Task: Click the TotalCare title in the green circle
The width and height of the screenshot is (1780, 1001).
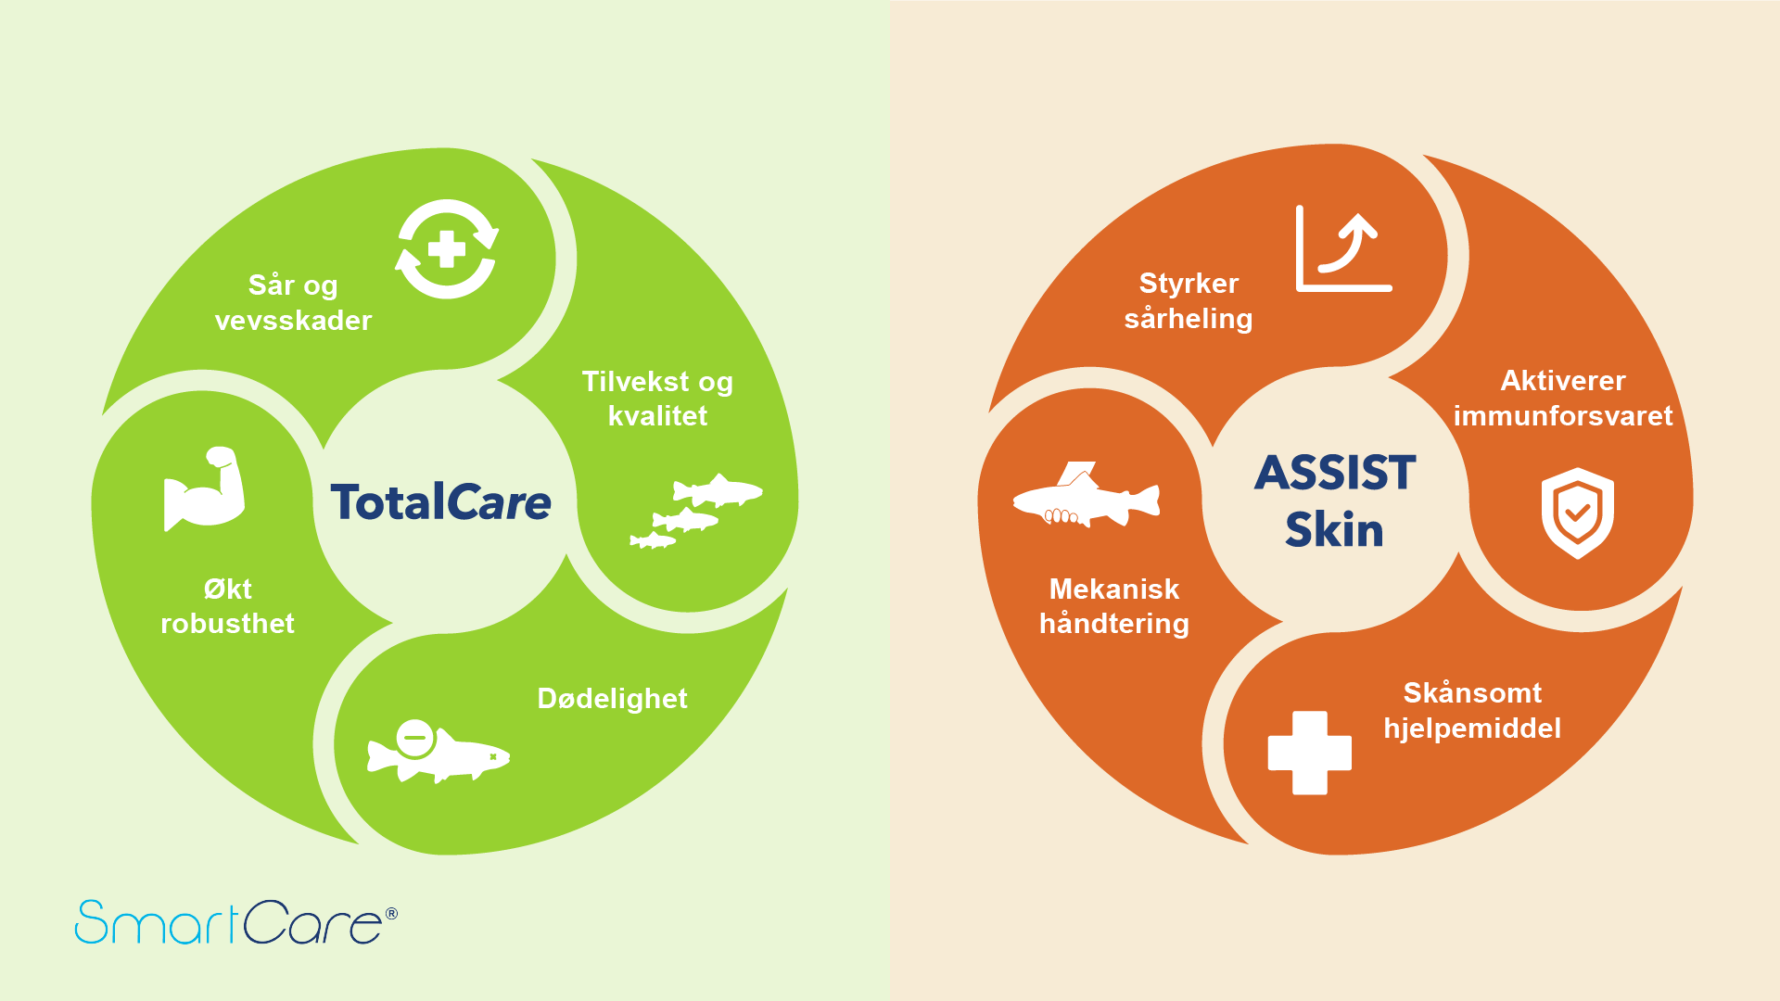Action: pyautogui.click(x=441, y=501)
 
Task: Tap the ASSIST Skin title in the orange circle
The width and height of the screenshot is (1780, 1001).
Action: pyautogui.click(x=1335, y=500)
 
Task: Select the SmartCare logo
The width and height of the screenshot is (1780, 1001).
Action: pyautogui.click(x=236, y=922)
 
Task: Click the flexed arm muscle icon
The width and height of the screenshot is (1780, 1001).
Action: pyautogui.click(x=204, y=489)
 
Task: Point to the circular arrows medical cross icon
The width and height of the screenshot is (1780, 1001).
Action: pyautogui.click(x=447, y=249)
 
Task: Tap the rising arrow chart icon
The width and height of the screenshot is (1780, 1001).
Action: pyautogui.click(x=1344, y=248)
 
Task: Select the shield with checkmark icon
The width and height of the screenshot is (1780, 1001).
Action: pyautogui.click(x=1578, y=513)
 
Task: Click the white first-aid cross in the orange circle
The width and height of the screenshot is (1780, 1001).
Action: pyautogui.click(x=1309, y=753)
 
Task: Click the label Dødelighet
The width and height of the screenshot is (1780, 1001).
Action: pyautogui.click(x=613, y=699)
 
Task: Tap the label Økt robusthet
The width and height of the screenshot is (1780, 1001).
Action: pyautogui.click(x=228, y=606)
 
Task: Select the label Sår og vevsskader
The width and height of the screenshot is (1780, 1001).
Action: pyautogui.click(x=293, y=303)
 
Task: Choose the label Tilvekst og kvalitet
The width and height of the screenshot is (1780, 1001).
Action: pyautogui.click(x=657, y=399)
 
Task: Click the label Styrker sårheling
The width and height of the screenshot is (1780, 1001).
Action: pyautogui.click(x=1189, y=301)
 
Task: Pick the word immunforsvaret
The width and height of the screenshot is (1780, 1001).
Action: pyautogui.click(x=1563, y=416)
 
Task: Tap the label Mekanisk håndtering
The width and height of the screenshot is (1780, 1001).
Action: pyautogui.click(x=1114, y=606)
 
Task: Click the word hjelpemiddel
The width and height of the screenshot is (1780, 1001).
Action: pyautogui.click(x=1472, y=729)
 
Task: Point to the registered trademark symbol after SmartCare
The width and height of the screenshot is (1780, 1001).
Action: pyautogui.click(x=391, y=914)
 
